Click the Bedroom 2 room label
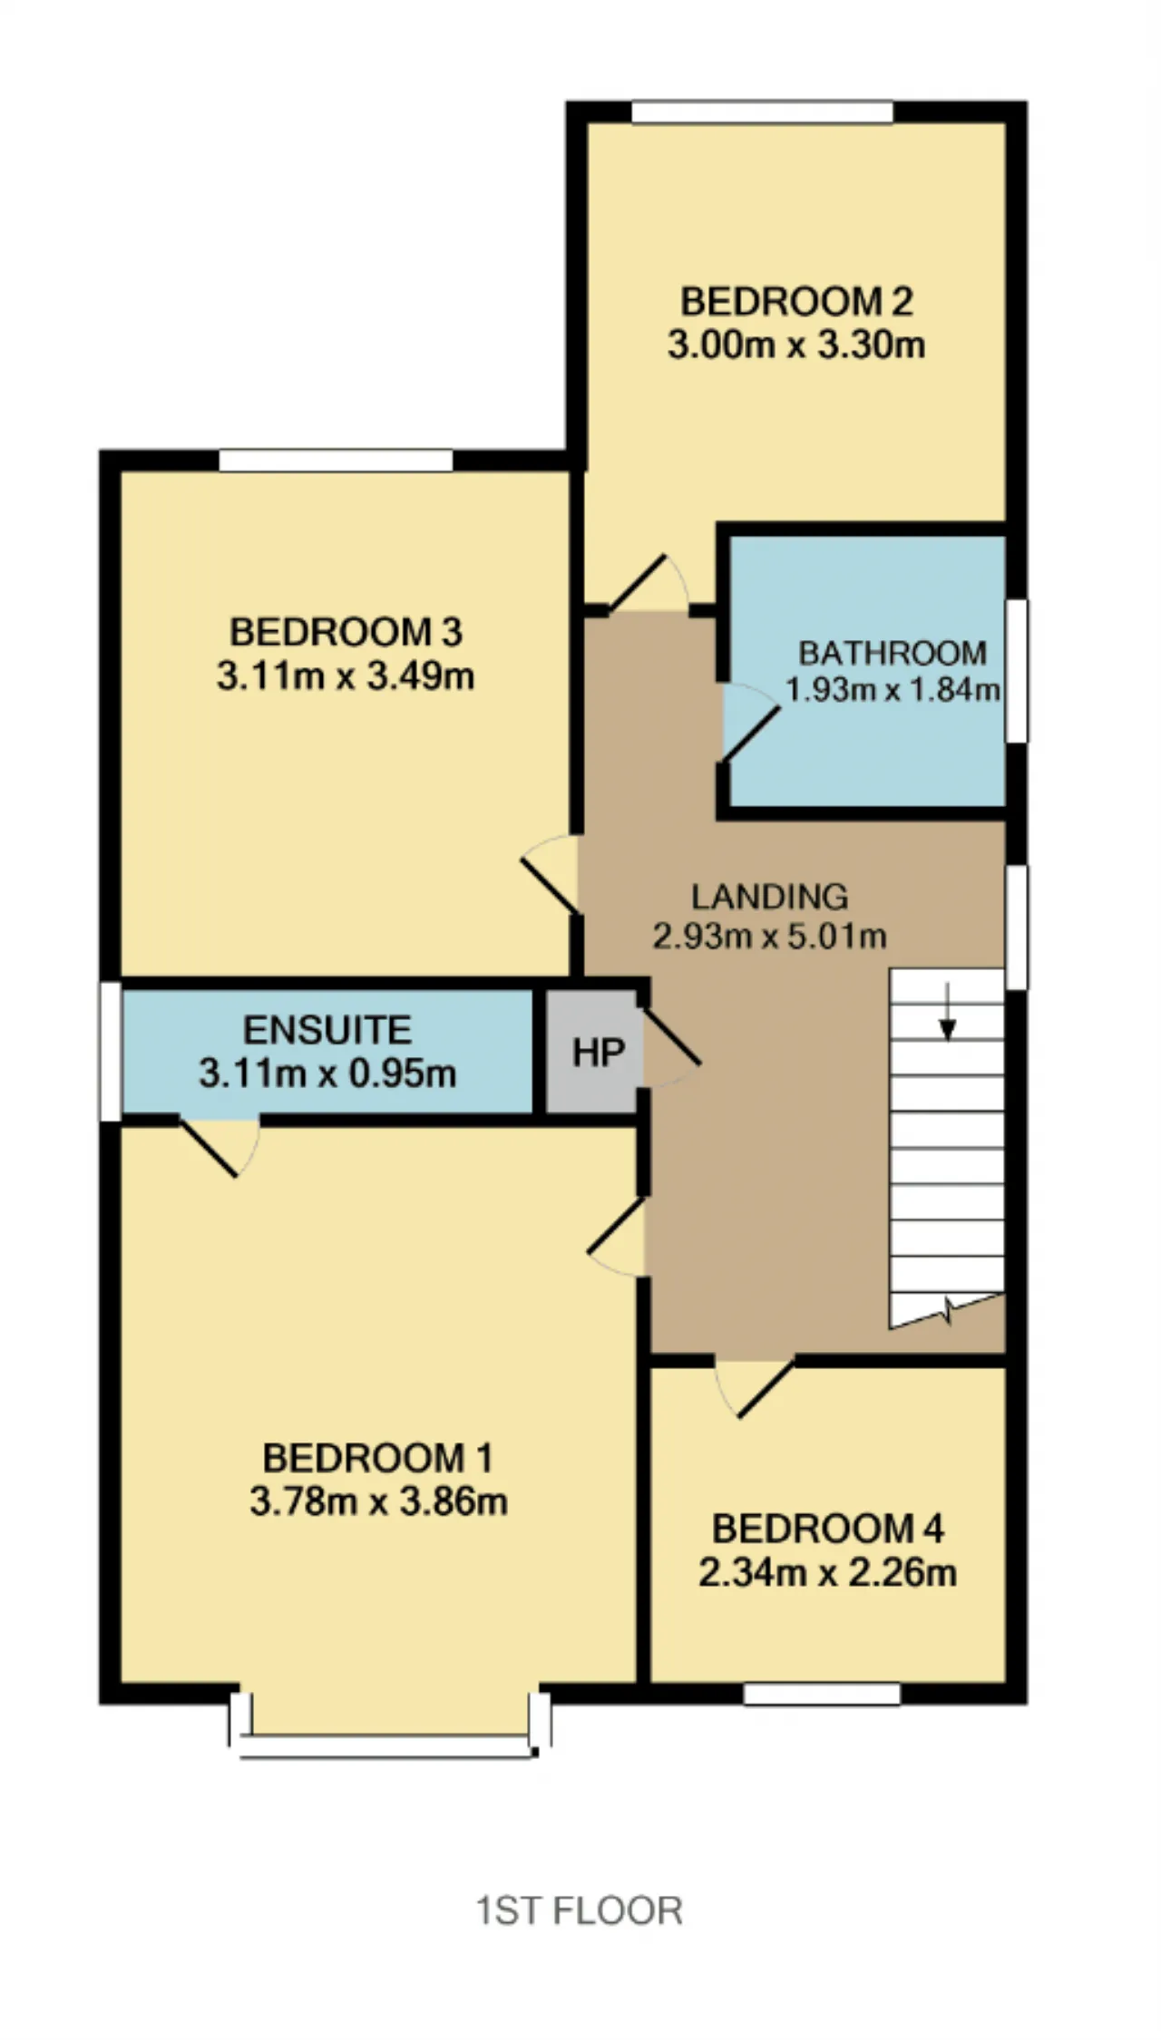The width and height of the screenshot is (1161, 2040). [x=796, y=302]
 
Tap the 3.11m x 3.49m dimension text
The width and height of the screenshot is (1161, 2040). [x=346, y=676]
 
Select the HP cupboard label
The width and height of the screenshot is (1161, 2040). [x=599, y=1053]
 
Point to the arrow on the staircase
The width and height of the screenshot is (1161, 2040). [x=947, y=1011]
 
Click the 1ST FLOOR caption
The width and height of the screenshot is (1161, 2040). [x=580, y=1911]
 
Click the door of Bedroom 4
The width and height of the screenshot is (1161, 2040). [x=755, y=1388]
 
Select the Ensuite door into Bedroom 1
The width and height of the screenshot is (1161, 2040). [x=220, y=1149]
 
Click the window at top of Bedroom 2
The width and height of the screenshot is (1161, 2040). [x=762, y=112]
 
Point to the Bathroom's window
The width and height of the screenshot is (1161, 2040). [x=1017, y=671]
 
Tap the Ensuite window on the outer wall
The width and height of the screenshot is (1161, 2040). [x=110, y=1052]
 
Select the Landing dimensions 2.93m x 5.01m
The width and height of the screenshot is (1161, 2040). [x=770, y=936]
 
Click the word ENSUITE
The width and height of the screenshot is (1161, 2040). [x=327, y=1030]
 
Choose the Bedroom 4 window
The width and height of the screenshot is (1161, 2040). [x=822, y=1694]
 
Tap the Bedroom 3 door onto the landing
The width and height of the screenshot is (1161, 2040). [x=551, y=874]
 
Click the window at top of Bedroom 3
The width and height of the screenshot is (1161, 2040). [x=336, y=461]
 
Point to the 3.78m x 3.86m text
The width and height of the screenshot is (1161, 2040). [x=378, y=1502]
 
